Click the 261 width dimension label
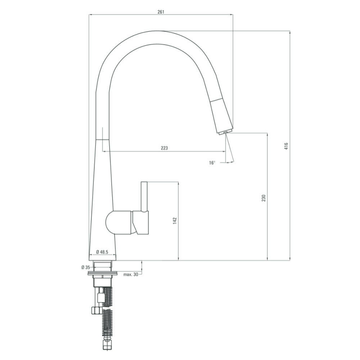tap(161, 12)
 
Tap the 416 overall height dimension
tap(286, 146)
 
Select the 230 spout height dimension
tap(264, 198)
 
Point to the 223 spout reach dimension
tap(165, 148)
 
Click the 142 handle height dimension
tap(175, 220)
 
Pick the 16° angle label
tap(212, 163)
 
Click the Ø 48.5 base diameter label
tap(102, 252)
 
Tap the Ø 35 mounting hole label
tap(86, 267)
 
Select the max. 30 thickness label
tap(131, 274)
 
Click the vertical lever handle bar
tap(144, 197)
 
